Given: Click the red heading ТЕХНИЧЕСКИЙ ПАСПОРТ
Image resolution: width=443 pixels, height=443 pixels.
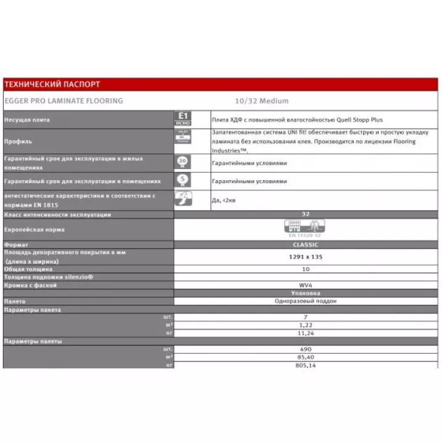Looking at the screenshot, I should (52, 85).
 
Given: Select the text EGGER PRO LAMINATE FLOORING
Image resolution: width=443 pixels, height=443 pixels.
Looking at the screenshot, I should (64, 101).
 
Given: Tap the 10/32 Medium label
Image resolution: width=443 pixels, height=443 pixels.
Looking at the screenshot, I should (261, 101).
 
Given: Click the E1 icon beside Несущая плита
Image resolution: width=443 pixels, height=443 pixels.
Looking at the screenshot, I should (183, 119).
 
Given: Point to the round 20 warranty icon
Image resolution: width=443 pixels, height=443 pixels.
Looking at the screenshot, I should (183, 162).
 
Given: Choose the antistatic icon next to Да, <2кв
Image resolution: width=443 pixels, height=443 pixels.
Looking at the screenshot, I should (183, 199).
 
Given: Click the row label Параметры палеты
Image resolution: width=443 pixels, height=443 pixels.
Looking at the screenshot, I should (33, 341).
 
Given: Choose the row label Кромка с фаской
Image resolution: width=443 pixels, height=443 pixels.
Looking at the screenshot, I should (30, 285).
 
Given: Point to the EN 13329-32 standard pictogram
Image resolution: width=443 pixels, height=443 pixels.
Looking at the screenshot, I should (305, 228).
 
